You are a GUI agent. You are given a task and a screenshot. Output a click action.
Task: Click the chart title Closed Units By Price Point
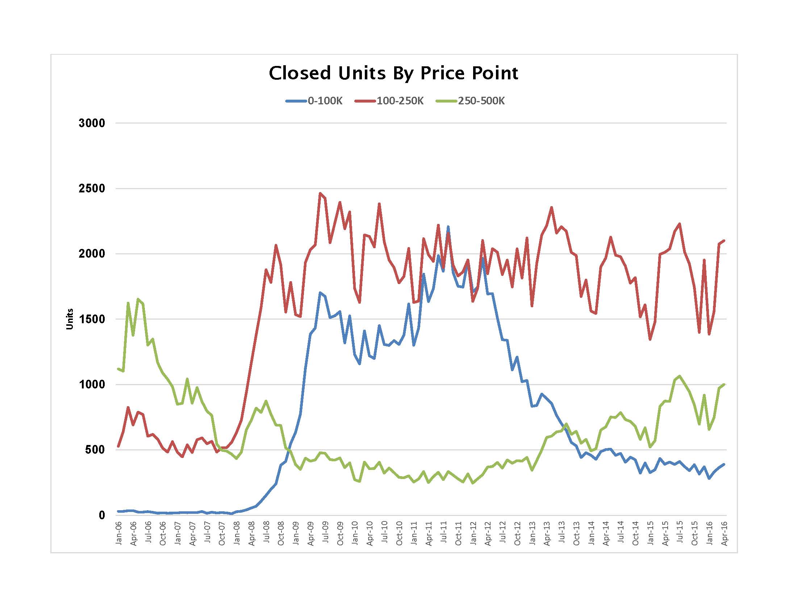pos(393,73)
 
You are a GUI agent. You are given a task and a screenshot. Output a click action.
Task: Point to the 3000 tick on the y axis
pos(92,123)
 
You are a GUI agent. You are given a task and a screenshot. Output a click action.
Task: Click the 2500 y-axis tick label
pos(92,189)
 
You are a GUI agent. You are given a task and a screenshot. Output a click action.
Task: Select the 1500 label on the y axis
pos(92,319)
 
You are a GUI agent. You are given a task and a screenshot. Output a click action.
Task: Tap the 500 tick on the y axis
pos(95,450)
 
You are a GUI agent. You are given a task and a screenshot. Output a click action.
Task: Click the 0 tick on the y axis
pos(102,515)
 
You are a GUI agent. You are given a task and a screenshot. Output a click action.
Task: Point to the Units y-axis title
pos(70,319)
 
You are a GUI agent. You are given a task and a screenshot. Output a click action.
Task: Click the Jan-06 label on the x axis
pos(118,533)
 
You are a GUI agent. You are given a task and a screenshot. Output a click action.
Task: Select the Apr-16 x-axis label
pos(725,533)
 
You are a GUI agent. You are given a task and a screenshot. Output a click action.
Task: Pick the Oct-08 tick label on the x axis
pos(281,533)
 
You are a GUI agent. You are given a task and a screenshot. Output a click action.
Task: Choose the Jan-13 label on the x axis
pos(532,533)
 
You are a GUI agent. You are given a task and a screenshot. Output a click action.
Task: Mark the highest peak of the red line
pos(320,193)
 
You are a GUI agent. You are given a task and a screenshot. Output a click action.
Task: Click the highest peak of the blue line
pos(448,227)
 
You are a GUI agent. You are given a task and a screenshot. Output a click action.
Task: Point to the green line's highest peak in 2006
pos(138,299)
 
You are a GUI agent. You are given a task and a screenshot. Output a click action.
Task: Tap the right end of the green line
pos(724,384)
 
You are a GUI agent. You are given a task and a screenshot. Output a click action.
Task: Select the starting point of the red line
pos(118,446)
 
